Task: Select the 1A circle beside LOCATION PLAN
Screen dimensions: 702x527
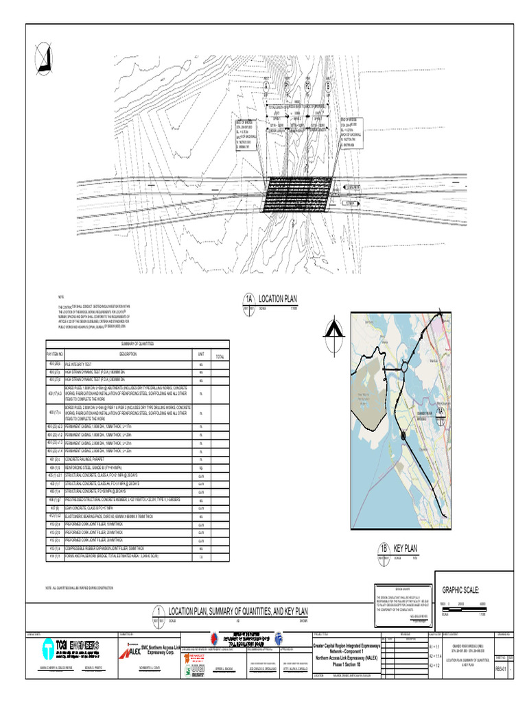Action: [x=249, y=300]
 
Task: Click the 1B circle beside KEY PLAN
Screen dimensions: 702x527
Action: [x=384, y=549]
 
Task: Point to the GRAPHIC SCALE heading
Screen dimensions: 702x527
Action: [x=465, y=590]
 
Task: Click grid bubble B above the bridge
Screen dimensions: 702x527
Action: [x=328, y=86]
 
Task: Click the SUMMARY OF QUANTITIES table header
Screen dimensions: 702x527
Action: [x=137, y=343]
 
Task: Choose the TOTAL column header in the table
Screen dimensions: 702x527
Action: [x=220, y=356]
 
